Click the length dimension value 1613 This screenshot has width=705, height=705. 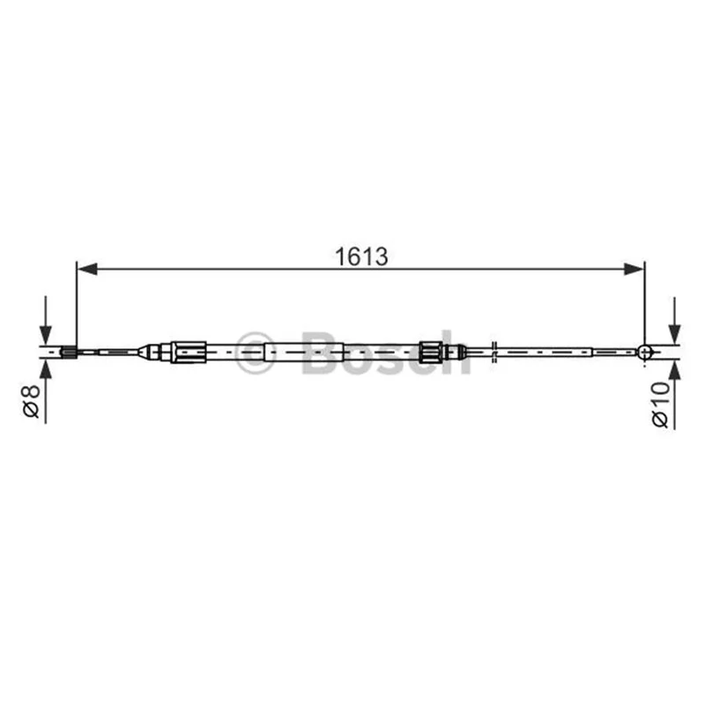pyautogui.click(x=361, y=256)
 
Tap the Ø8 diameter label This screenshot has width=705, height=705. pyautogui.click(x=33, y=402)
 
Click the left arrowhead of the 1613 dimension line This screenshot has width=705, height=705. pyautogui.click(x=87, y=270)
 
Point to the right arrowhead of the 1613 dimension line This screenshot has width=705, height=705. pyautogui.click(x=634, y=270)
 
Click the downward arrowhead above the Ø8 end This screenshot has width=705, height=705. pyautogui.click(x=46, y=335)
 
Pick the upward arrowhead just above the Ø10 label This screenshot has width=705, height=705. pyautogui.click(x=674, y=371)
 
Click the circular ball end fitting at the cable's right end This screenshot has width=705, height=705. pyautogui.click(x=645, y=352)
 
